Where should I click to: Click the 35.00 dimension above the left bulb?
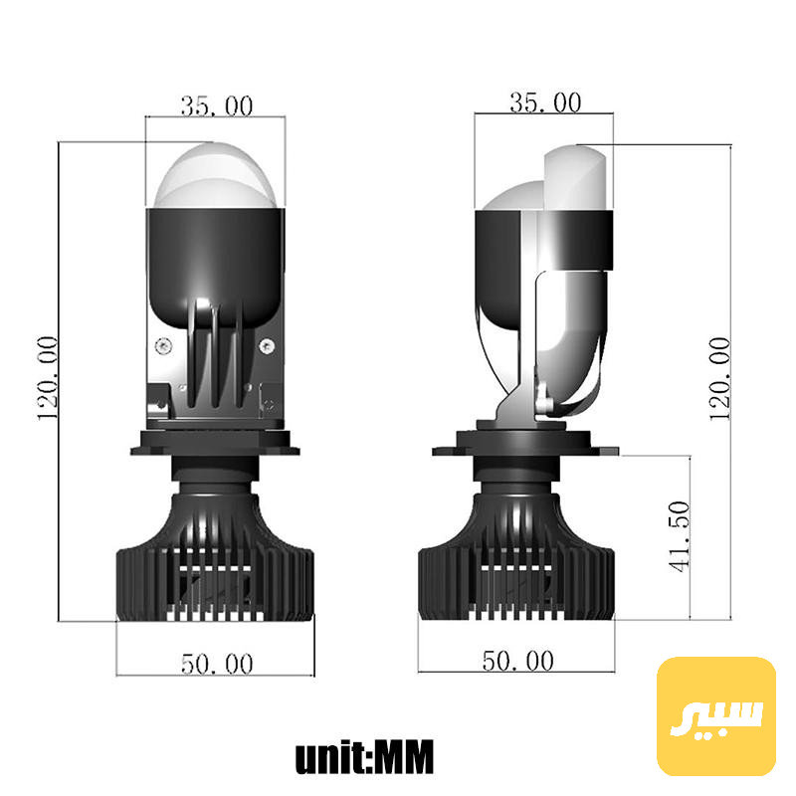point(217,106)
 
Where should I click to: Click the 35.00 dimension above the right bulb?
point(545,102)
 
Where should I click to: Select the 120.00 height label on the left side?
point(48,378)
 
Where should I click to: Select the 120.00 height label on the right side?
point(719,379)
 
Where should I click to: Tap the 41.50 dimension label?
point(680,536)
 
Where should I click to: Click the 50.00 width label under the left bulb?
point(217,664)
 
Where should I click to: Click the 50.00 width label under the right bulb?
point(517,661)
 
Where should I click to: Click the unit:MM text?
point(364,757)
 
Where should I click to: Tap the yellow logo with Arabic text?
point(716,716)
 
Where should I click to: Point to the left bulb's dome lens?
point(216,176)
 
